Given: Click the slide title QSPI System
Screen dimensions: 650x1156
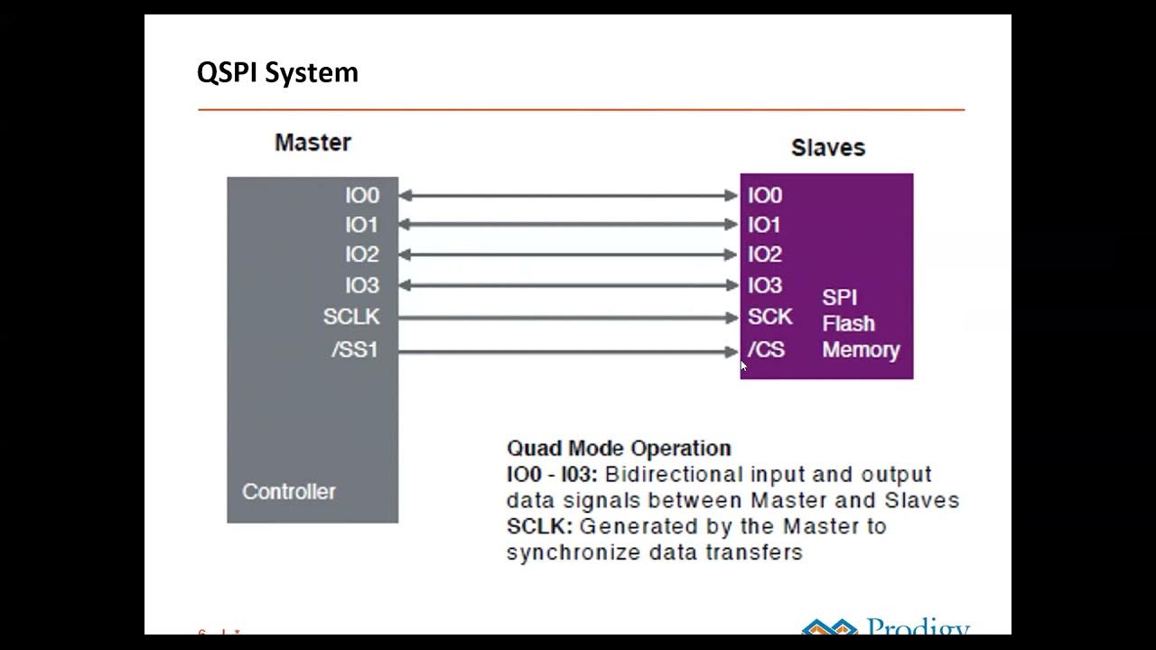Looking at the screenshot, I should [277, 72].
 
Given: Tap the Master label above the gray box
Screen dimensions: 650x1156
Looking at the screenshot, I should [312, 143].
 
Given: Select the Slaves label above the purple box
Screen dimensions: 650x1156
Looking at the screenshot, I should [827, 148].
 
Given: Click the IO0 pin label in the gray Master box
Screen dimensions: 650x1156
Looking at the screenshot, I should [361, 195].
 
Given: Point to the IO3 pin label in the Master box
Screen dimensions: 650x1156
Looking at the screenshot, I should [361, 286].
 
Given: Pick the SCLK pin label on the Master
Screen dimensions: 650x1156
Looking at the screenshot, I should [351, 318].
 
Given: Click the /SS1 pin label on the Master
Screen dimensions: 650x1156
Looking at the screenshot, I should [354, 350].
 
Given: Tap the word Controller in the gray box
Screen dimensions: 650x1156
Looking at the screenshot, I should [288, 492].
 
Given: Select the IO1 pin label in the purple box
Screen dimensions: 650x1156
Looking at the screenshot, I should [764, 225].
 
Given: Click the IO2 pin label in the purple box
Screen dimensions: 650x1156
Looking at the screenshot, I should [764, 255].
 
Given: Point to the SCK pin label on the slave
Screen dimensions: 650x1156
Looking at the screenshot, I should [769, 317].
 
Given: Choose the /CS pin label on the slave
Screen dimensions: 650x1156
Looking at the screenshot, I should [766, 350].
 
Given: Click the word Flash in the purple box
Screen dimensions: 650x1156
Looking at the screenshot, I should [848, 324].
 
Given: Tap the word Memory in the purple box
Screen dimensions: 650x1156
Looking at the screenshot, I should [860, 350].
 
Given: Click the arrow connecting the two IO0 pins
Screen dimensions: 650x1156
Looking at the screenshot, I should [569, 195].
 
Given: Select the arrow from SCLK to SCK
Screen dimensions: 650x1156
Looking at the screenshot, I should [569, 318].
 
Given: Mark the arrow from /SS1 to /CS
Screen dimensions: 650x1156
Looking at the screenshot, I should [569, 351].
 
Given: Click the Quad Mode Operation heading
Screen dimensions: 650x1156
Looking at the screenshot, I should [619, 449].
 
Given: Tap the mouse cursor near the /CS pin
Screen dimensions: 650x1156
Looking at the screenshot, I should [744, 367].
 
